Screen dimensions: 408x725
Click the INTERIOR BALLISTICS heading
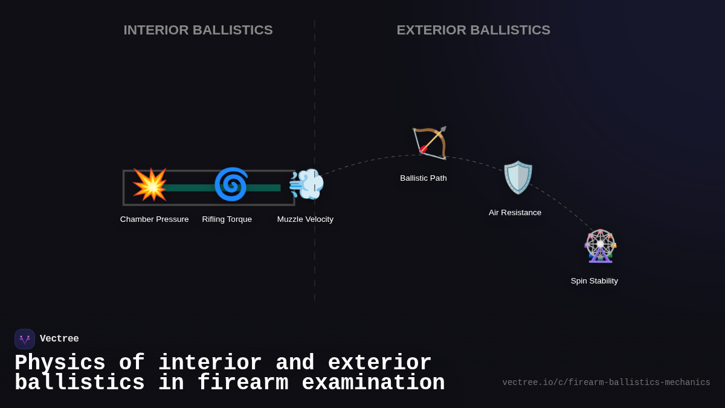point(198,30)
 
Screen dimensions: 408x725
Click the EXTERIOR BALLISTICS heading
point(473,30)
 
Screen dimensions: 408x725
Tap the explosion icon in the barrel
point(150,184)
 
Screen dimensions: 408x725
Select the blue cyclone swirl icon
point(231,184)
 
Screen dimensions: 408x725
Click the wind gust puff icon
point(306,184)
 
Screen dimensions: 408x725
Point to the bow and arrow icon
point(430,143)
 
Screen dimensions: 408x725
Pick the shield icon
point(518,177)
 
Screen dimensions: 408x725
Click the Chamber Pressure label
point(154,219)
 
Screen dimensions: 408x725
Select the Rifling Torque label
point(227,219)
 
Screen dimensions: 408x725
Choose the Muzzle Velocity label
point(305,219)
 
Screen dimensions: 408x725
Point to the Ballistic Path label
point(423,178)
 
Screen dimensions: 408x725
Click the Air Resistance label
point(515,213)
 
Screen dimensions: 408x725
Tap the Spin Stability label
point(594,281)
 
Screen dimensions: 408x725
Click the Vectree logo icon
point(25,339)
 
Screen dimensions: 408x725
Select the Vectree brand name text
point(59,339)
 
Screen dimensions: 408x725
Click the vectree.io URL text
point(606,383)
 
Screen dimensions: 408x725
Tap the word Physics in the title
point(60,363)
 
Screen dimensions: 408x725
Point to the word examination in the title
point(373,383)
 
